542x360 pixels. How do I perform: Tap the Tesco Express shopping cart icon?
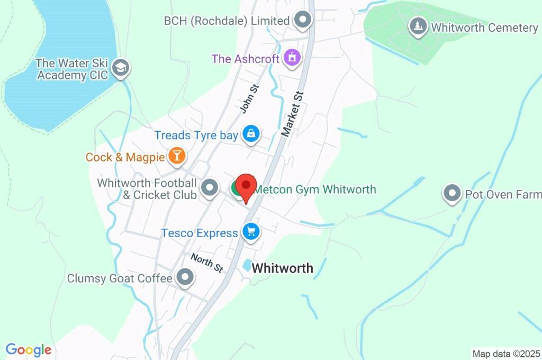pos(250,231)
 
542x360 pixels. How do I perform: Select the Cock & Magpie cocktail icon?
pos(176,156)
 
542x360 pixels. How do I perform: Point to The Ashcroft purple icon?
pos(292,57)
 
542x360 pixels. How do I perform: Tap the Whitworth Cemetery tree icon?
pos(419,26)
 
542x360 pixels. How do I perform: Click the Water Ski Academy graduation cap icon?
pos(121,68)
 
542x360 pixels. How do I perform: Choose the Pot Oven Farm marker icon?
pos(452,194)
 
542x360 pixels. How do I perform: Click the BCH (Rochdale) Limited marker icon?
pos(303,20)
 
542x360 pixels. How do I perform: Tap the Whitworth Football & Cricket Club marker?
pos(211,187)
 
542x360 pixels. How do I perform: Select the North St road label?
pos(207,263)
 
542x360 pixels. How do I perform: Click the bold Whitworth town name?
pos(282,268)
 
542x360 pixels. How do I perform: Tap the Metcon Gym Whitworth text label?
pos(315,189)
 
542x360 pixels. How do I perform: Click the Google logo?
pos(29,350)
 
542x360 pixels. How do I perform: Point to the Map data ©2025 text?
pos(505,354)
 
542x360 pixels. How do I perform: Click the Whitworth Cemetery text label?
pos(484,28)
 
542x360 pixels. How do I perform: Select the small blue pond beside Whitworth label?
pos(247,265)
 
